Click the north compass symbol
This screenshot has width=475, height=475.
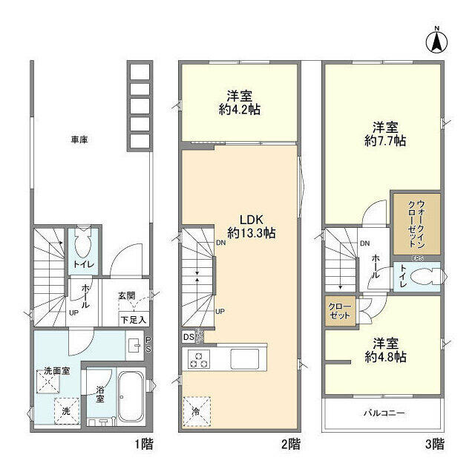click(436, 40)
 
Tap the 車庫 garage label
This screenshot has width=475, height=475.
click(79, 139)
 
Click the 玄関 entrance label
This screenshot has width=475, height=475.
click(126, 295)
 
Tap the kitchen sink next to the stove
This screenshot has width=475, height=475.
click(244, 359)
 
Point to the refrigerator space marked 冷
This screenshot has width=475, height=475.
click(196, 410)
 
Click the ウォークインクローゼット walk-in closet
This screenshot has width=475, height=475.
click(417, 223)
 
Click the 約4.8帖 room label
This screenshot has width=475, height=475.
click(385, 351)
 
